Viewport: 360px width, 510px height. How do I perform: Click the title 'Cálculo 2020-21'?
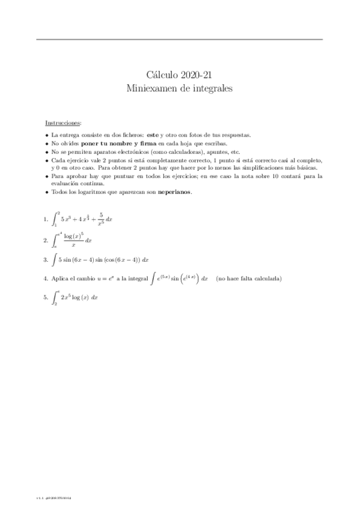pyautogui.click(x=180, y=75)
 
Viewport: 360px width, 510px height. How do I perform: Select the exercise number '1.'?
pyautogui.click(x=46, y=220)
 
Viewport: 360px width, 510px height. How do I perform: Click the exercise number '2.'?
pyautogui.click(x=46, y=240)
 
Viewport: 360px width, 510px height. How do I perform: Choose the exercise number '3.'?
pyautogui.click(x=46, y=260)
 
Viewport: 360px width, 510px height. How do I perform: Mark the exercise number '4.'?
pyautogui.click(x=46, y=279)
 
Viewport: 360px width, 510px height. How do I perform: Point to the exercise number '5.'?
pyautogui.click(x=46, y=297)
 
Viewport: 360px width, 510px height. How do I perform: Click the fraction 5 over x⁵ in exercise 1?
pyautogui.click(x=102, y=219)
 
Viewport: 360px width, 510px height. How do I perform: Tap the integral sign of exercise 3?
pyautogui.click(x=54, y=260)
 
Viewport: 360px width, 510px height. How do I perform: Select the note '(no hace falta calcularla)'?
pyautogui.click(x=249, y=279)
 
